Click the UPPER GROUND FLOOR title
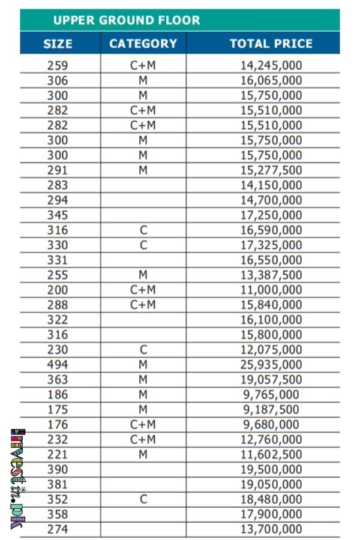(x=127, y=20)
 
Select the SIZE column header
(x=58, y=44)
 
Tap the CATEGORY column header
(x=143, y=44)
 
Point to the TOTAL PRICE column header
(x=271, y=44)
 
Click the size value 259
(x=58, y=65)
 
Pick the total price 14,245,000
(x=271, y=65)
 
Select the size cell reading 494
(x=58, y=365)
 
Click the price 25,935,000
(x=271, y=365)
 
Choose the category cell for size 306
(x=143, y=80)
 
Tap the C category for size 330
(x=143, y=245)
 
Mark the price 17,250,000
(x=271, y=215)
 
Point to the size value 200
(x=58, y=290)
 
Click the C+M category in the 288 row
(x=143, y=305)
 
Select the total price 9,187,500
(x=271, y=410)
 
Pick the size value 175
(x=58, y=410)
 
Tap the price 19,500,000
(x=271, y=469)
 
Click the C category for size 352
(x=143, y=499)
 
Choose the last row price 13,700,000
(x=271, y=529)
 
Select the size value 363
(x=58, y=380)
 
